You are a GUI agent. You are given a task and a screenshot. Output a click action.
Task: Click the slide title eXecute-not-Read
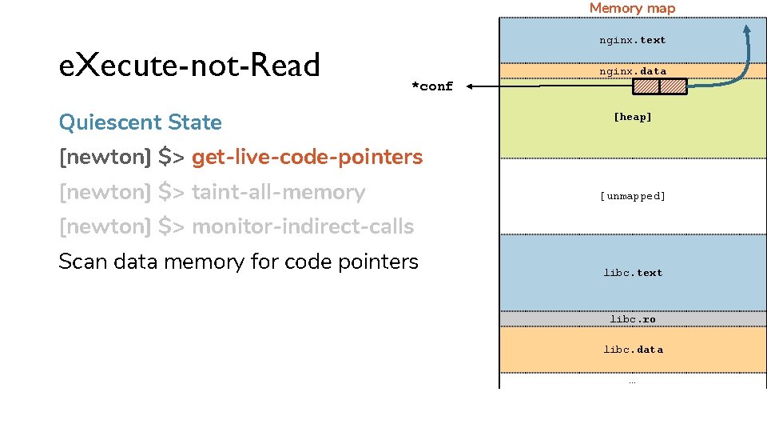coord(189,65)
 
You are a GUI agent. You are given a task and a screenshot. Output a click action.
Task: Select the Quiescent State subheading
coord(141,122)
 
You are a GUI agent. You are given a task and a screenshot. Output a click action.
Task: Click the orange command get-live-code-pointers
coord(307,158)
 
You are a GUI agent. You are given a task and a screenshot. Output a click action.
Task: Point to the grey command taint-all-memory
coord(278,192)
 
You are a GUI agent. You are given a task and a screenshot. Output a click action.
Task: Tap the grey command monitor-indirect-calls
coord(303,226)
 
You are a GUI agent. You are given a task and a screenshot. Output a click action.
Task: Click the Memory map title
coord(633,8)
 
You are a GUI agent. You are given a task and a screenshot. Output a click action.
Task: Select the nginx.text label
coord(633,40)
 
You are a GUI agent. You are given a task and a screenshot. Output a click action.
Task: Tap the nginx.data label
coord(633,71)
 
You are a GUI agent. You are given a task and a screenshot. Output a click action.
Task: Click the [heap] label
coord(633,117)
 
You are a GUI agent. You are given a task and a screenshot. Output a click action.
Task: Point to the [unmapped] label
coord(633,196)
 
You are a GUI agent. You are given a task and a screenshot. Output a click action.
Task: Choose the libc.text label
coord(633,273)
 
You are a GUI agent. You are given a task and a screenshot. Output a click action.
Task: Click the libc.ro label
coord(633,319)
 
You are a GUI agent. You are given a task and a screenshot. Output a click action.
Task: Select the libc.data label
coord(633,350)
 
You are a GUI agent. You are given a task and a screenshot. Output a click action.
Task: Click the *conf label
coord(432,86)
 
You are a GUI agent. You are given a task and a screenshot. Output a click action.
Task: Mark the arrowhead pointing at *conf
coord(470,86)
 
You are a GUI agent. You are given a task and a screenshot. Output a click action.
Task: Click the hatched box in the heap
coord(660,86)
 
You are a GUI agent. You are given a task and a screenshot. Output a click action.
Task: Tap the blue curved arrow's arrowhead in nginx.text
coord(747,29)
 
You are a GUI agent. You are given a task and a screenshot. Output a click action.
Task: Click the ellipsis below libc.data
coord(633,382)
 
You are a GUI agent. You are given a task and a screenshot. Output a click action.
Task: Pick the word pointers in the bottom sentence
coord(378,262)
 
